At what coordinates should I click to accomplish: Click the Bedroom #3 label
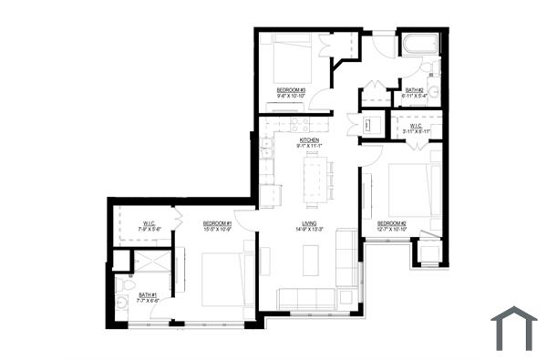[x=291, y=88]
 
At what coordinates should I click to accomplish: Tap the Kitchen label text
[x=309, y=139]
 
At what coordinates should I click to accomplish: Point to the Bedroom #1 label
[x=218, y=223]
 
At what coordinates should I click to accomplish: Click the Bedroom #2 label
[x=391, y=223]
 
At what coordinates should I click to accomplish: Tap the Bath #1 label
[x=149, y=294]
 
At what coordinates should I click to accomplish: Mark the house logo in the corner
[x=513, y=327]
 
